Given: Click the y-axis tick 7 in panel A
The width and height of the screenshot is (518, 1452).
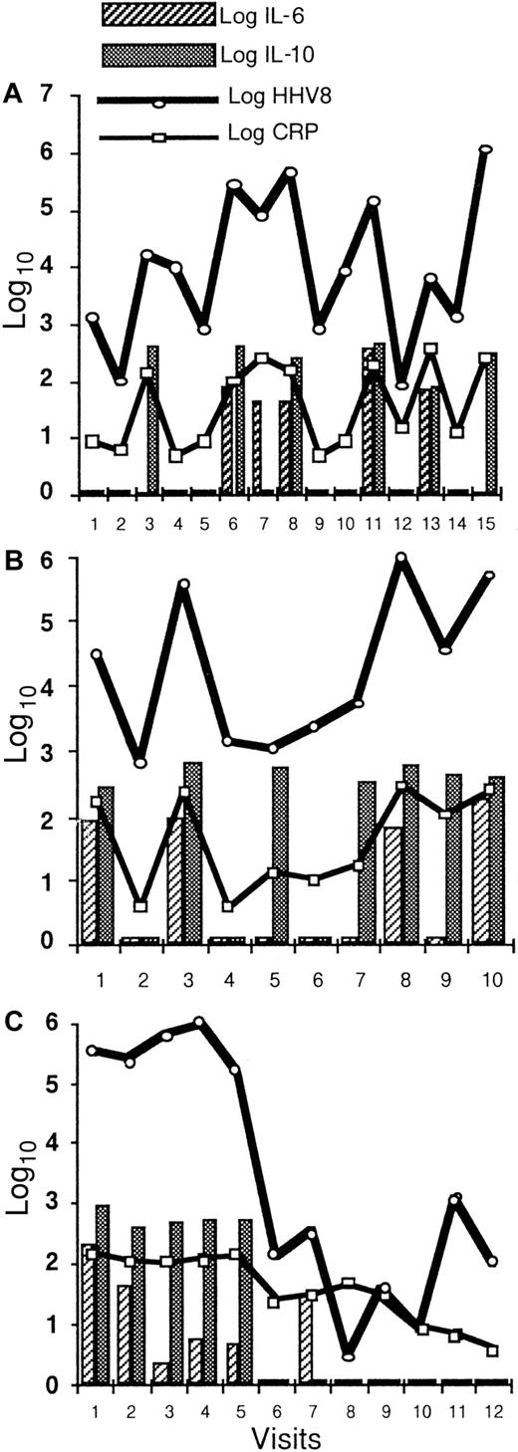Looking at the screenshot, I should point(45,97).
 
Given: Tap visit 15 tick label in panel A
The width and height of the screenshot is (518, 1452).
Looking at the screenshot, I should point(485,523).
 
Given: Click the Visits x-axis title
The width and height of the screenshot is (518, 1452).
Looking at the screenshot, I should point(275,1434).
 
